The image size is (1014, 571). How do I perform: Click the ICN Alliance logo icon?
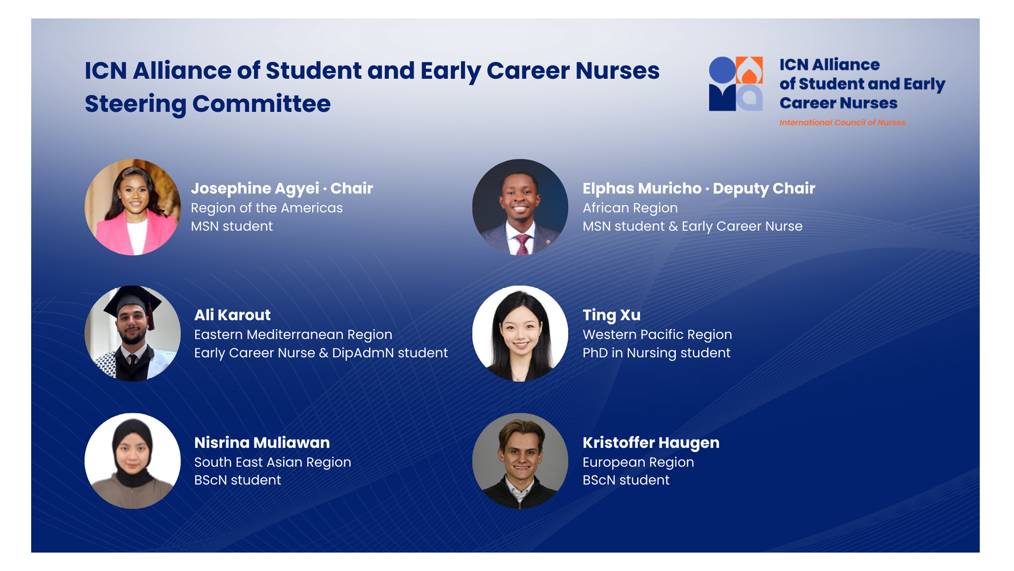(x=735, y=83)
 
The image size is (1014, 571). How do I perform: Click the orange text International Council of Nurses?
(x=842, y=123)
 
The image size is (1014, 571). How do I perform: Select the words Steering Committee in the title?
(x=208, y=104)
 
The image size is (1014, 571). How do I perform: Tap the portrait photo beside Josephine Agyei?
(x=132, y=207)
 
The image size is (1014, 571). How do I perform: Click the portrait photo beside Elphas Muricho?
(x=520, y=207)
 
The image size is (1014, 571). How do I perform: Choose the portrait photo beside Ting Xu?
(x=520, y=334)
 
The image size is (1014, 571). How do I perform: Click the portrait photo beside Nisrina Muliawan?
(x=132, y=461)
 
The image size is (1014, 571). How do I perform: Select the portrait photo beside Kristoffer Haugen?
(x=520, y=461)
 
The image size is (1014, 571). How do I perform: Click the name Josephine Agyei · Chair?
(x=282, y=188)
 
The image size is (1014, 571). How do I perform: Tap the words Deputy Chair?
(x=764, y=188)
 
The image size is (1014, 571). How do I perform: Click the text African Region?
(x=630, y=208)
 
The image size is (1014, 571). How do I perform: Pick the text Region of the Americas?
(x=266, y=208)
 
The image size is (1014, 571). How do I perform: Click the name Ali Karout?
(x=232, y=315)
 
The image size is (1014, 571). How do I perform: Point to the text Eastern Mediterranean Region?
(x=293, y=335)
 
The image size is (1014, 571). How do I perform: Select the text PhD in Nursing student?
(x=656, y=353)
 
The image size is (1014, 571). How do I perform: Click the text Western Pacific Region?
(x=657, y=335)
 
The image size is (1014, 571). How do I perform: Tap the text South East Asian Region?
(x=272, y=462)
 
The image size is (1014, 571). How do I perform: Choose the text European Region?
(x=638, y=462)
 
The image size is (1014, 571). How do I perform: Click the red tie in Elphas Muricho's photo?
(x=522, y=245)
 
